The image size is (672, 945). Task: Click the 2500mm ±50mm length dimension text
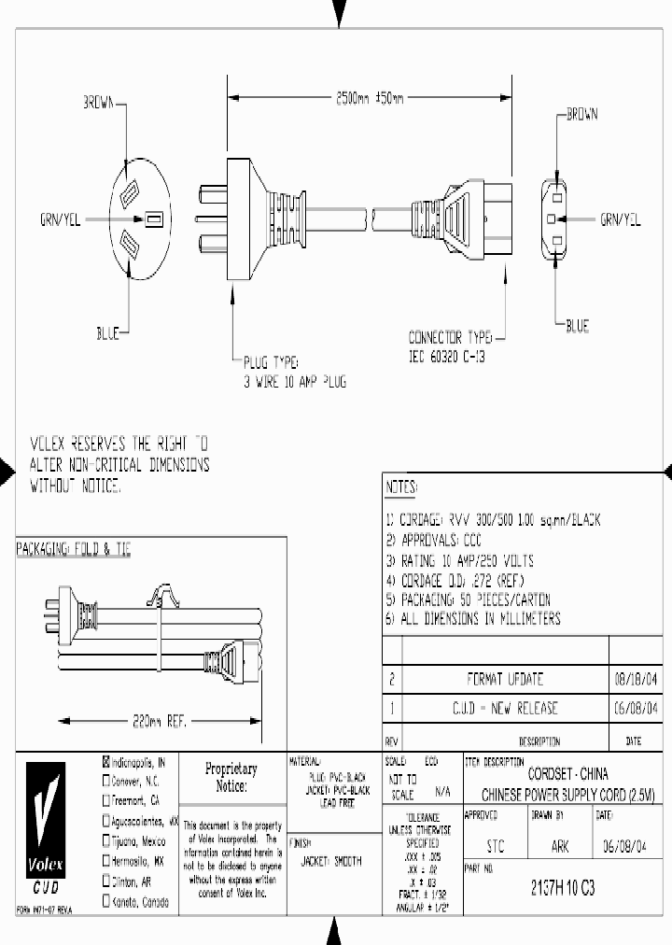370,97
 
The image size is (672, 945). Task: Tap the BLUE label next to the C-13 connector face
577,326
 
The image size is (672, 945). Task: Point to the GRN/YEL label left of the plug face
60,220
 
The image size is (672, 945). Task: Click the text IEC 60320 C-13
448,357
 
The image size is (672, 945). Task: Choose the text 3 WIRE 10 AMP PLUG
295,383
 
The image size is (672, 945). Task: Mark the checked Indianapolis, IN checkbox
105,762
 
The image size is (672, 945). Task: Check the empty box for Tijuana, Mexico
105,841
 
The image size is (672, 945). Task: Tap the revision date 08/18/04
638,679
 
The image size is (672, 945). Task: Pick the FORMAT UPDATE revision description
504,679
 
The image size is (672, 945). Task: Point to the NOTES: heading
402,488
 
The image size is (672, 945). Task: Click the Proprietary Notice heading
231,777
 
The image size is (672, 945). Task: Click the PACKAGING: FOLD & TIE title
74,551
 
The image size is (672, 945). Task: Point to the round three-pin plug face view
139,220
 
